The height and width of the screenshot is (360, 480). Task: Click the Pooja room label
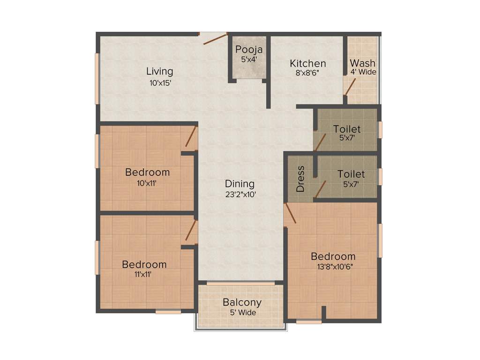249,49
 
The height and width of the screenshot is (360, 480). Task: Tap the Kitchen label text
307,63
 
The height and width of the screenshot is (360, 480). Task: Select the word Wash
362,63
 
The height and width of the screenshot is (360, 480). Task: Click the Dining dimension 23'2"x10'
240,194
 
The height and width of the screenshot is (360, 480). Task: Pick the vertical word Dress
300,179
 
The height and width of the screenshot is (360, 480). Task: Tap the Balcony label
242,302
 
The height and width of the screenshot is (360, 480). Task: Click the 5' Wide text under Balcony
242,312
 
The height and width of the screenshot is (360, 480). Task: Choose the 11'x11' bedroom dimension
143,275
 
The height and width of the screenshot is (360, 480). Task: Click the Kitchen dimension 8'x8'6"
307,73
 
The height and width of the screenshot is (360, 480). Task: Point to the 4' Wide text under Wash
363,72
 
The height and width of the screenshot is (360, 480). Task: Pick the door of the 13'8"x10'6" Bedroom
290,213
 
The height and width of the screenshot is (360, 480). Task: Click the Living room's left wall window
97,78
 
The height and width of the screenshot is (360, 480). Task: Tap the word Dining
240,184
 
